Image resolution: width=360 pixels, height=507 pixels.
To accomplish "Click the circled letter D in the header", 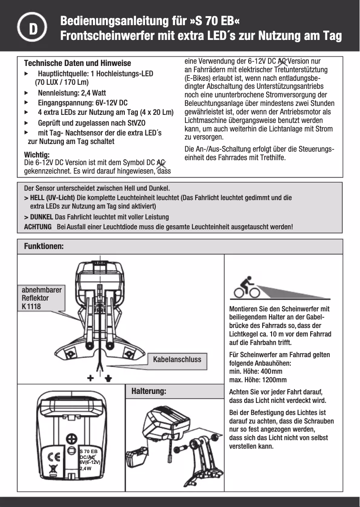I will (x=33, y=29).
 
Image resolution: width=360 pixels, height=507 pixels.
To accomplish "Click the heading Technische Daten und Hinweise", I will (x=77, y=63).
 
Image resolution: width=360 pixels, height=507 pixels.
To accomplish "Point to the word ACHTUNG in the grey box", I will (x=38, y=227).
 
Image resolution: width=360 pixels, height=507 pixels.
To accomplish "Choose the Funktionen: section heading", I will (x=44, y=247).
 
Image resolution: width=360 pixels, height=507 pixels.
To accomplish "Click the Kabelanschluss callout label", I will (x=177, y=359).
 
